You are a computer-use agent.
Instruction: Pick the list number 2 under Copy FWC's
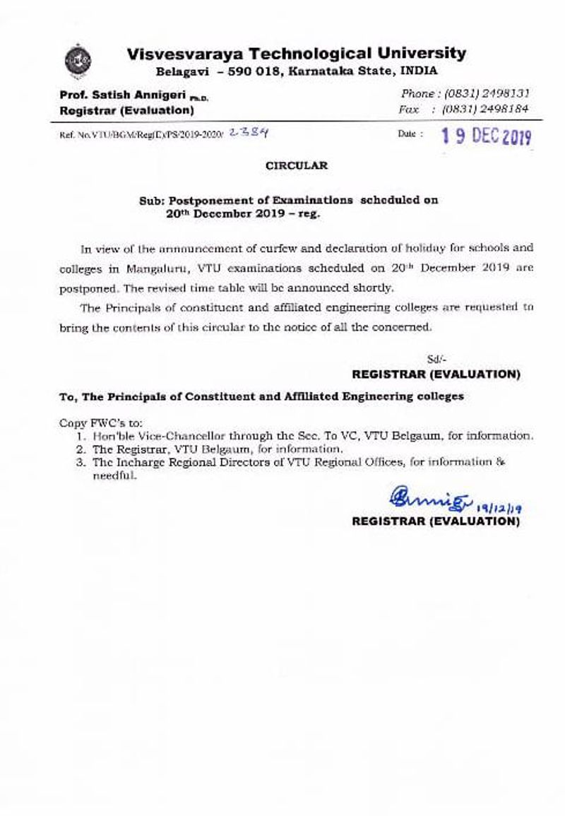[x=82, y=449]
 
